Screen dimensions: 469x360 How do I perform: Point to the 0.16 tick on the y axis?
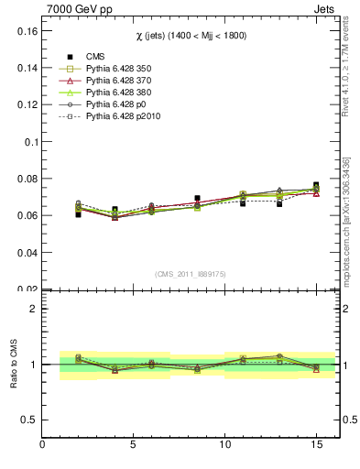tap(25, 31)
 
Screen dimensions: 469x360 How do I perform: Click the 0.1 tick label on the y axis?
tap(28, 142)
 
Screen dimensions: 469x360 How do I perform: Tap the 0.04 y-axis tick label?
tap(25, 253)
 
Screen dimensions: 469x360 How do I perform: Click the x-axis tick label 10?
tap(225, 446)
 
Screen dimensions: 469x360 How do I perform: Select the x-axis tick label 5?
tap(134, 446)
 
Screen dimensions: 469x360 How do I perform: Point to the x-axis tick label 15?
tap(316, 446)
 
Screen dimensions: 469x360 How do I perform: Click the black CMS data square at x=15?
tap(316, 185)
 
